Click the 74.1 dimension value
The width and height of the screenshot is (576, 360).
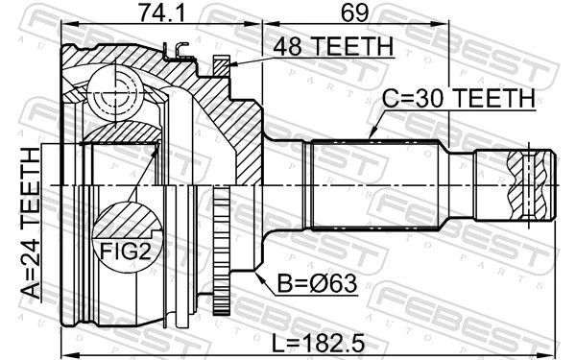point(162,12)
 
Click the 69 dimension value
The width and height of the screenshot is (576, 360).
point(355,12)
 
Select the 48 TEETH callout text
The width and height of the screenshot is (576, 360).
point(333,46)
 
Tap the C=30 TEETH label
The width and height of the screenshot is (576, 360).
point(459,99)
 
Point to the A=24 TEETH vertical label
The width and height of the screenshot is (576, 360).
point(30,223)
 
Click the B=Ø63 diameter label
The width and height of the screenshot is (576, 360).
point(317,283)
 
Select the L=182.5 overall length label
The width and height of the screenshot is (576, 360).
point(318,344)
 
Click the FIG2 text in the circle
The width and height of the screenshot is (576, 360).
point(126,252)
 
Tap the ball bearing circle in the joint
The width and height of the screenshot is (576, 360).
point(114,93)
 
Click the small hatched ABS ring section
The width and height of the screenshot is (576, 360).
point(222,66)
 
